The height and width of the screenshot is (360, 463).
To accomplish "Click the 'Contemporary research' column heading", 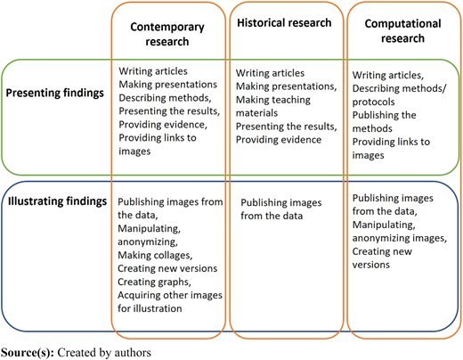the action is click(x=167, y=34).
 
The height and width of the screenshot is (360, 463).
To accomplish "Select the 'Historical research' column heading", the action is click(x=284, y=23).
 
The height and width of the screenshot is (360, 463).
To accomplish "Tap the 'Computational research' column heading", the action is click(x=402, y=31).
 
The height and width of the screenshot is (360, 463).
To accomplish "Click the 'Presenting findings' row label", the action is click(x=55, y=93).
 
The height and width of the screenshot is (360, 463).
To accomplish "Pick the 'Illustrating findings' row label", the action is click(x=57, y=201).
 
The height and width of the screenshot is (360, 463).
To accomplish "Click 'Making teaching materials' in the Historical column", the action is click(x=273, y=106).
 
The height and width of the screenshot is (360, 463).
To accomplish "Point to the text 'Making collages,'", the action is click(x=155, y=255).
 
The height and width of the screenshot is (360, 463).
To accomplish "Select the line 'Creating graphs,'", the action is click(x=154, y=282).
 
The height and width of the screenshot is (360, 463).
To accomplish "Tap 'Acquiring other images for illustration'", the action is click(x=170, y=301).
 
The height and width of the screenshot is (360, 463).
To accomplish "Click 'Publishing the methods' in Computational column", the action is click(x=385, y=121).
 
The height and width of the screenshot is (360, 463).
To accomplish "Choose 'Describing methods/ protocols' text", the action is click(x=399, y=95).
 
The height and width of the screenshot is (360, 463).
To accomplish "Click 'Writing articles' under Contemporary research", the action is click(x=153, y=71).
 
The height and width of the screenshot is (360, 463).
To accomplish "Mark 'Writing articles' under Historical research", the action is click(x=270, y=73).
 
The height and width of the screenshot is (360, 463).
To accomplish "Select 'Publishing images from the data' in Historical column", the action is click(x=281, y=209).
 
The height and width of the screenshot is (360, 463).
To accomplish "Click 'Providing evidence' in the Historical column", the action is click(x=279, y=140).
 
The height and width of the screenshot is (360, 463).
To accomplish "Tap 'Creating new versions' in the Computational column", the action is click(x=382, y=258).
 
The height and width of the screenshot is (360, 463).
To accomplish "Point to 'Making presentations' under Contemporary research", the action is click(x=168, y=85).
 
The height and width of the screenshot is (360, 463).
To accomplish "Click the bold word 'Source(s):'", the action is click(x=28, y=353).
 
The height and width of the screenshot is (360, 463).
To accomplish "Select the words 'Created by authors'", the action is click(x=104, y=353).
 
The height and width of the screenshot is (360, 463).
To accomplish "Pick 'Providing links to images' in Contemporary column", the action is click(x=158, y=144).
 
